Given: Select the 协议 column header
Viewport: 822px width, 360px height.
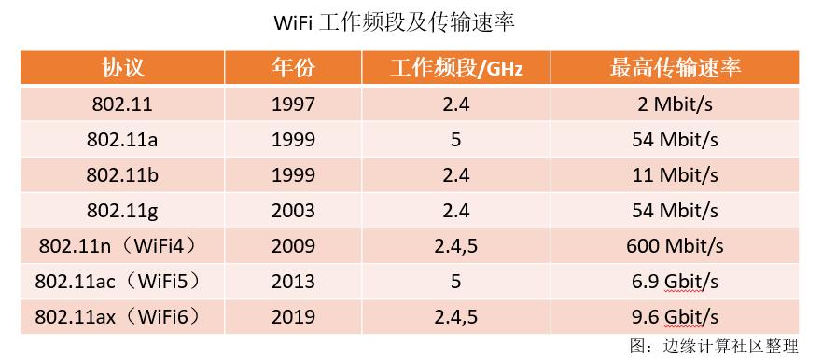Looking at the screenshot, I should click(x=124, y=68).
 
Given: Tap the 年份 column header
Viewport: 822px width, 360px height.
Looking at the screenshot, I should click(x=294, y=68).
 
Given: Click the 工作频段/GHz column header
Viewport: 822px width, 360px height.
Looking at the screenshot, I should click(x=456, y=68).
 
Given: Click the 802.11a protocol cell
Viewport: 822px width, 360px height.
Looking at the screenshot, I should click(x=124, y=140).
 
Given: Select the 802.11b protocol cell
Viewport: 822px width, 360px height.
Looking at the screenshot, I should click(x=124, y=175).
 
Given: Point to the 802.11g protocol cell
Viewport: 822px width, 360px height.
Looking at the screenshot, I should click(x=124, y=211).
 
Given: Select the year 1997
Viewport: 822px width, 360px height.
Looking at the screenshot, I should click(x=294, y=104).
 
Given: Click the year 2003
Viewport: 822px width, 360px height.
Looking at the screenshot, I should click(x=294, y=211).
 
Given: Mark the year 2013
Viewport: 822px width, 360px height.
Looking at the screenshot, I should click(x=294, y=282).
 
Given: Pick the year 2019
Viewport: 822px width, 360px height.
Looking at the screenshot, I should click(x=294, y=317).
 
